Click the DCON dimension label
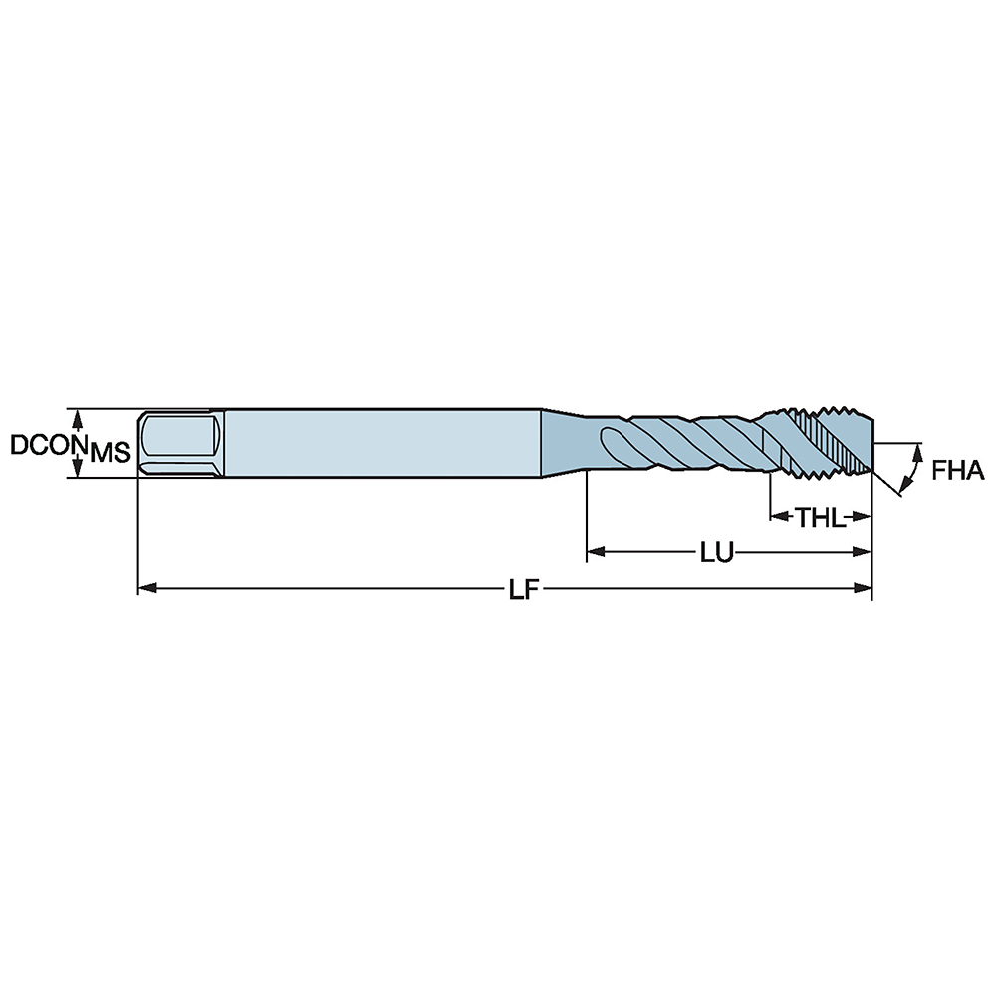click(x=45, y=444)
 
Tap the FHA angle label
click(x=958, y=471)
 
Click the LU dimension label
click(x=716, y=552)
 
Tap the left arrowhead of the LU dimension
click(x=595, y=550)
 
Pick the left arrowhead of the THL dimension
click(x=776, y=516)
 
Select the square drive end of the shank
click(x=180, y=444)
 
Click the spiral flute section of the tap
click(x=677, y=444)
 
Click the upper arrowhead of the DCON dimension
click(x=77, y=415)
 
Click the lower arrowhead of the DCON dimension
click(x=77, y=471)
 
